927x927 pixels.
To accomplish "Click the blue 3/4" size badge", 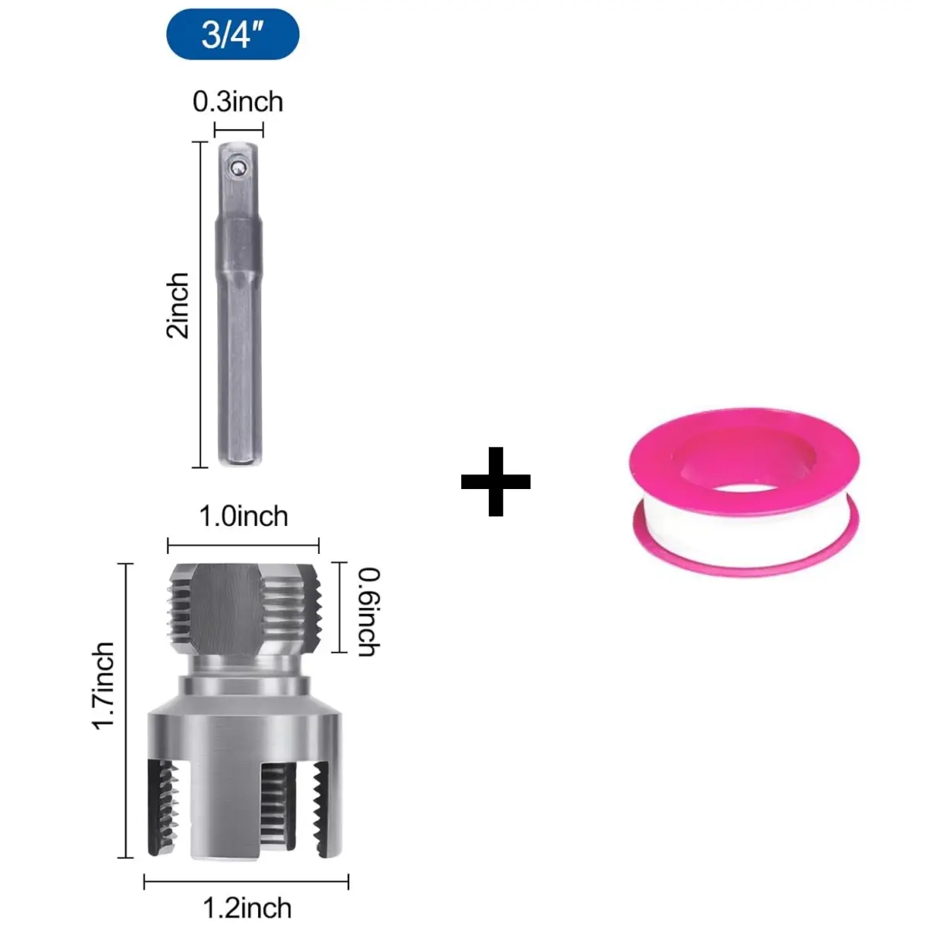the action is pyautogui.click(x=233, y=34).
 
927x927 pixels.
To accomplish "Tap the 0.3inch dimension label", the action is pyautogui.click(x=238, y=102).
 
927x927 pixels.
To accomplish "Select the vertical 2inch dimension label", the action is pyautogui.click(x=177, y=305).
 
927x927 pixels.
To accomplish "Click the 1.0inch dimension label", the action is pyautogui.click(x=243, y=517).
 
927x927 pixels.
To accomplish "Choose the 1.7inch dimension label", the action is pyautogui.click(x=104, y=685).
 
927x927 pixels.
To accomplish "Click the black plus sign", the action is pyautogui.click(x=495, y=481).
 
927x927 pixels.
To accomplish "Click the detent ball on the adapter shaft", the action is pyautogui.click(x=236, y=167).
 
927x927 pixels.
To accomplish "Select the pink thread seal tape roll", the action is pyautogui.click(x=745, y=492).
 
